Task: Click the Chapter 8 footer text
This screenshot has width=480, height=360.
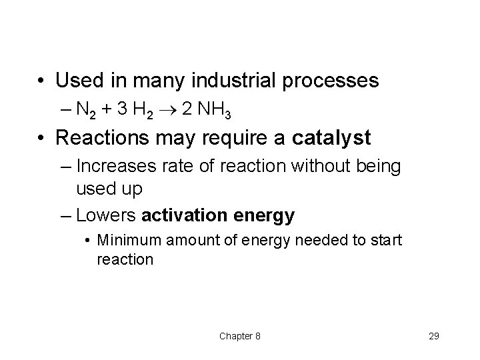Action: (239, 336)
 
